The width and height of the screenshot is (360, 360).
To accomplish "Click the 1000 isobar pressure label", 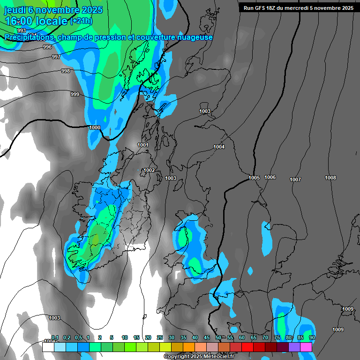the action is tap(95, 127).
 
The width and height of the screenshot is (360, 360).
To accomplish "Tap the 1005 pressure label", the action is tap(254, 178).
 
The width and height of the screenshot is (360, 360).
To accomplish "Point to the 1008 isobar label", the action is tap(330, 178).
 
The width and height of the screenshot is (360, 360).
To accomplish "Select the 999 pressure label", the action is tap(75, 95).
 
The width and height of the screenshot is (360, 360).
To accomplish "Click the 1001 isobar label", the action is tap(143, 145).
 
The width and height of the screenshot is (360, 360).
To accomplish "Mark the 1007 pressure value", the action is tap(295, 180).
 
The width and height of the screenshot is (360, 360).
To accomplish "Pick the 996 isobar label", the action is tap(47, 47).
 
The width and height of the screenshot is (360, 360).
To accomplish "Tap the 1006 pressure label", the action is tap(270, 177).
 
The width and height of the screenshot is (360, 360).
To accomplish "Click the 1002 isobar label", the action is tap(150, 171).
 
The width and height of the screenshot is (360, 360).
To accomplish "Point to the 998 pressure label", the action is tap(66, 71).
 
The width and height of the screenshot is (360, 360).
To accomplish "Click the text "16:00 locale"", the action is tap(36, 21).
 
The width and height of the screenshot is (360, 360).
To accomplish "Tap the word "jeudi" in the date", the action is tap(15, 10).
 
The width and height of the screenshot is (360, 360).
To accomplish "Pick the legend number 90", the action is tap(312, 337).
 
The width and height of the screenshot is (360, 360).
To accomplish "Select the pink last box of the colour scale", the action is tap(306, 347).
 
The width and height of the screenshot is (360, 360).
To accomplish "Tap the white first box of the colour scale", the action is tap(48, 347).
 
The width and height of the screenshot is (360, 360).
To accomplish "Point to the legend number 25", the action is tap(160, 337).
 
